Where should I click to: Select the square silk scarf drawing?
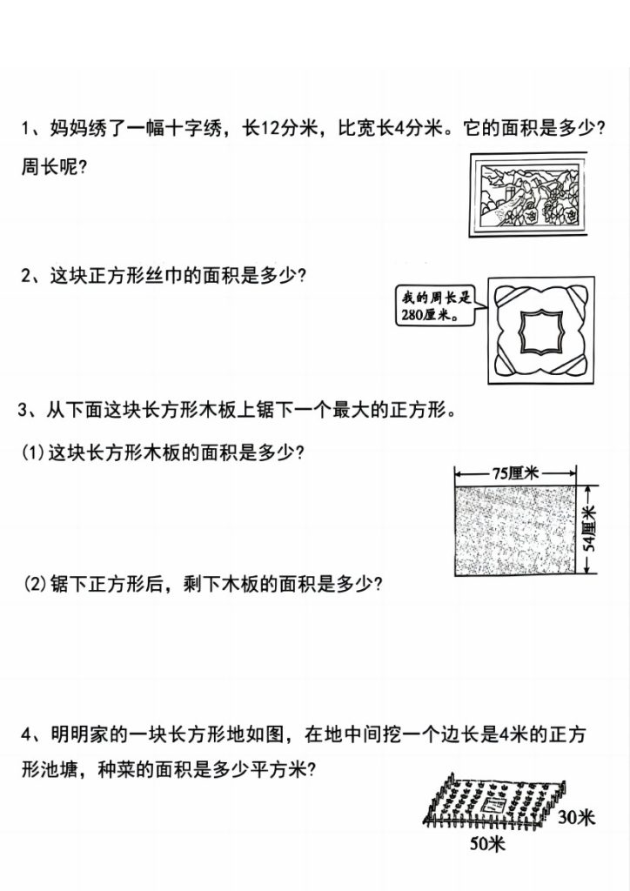541,331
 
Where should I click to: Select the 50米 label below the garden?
488,843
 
